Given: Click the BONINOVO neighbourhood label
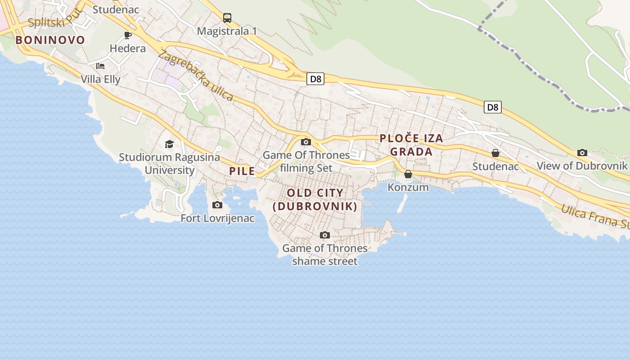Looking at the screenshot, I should click(50, 40).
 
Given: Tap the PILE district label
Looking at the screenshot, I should click(242, 171).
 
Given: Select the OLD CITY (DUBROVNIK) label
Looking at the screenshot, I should click(315, 200).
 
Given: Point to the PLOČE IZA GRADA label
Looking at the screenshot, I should click(411, 145).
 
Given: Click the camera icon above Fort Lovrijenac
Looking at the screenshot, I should click(217, 205).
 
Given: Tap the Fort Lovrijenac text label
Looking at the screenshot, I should click(217, 218).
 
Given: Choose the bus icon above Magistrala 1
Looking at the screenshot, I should click(227, 18).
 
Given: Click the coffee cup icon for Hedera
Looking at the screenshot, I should click(128, 35).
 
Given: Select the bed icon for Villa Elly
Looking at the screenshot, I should click(100, 66).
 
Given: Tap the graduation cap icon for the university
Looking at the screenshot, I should click(169, 144).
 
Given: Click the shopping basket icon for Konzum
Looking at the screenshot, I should click(408, 174).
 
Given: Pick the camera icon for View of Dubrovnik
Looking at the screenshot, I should click(582, 153).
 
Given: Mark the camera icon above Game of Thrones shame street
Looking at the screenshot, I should click(324, 235).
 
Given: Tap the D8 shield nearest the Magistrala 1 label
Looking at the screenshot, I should click(315, 79).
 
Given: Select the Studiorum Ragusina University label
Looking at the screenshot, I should click(169, 164).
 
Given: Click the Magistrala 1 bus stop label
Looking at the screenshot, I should click(227, 31).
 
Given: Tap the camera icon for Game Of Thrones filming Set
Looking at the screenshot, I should click(306, 142).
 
